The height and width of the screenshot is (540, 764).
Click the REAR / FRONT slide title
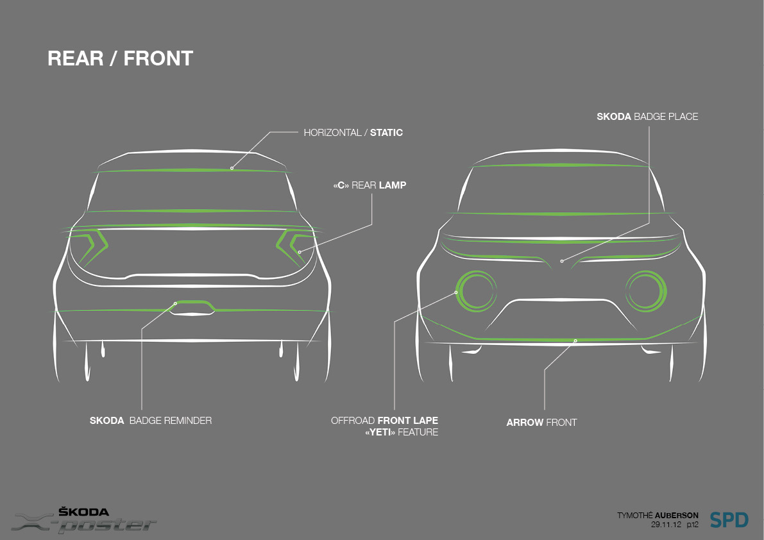[120, 58]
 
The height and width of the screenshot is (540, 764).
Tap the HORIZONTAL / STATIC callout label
[353, 133]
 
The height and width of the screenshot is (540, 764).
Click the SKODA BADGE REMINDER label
[151, 421]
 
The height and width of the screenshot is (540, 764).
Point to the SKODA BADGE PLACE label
[647, 117]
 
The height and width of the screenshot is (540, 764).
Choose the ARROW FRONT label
[541, 423]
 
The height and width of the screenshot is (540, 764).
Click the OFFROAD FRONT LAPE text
[384, 421]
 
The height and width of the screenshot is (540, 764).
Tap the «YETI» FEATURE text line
[401, 432]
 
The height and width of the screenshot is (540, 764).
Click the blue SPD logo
[729, 519]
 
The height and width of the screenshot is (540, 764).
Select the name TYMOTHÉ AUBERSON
[658, 515]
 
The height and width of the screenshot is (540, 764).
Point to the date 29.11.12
[666, 525]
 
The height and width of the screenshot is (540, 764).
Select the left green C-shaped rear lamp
[90, 246]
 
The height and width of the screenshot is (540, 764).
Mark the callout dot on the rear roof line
[232, 168]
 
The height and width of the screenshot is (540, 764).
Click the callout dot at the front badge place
[561, 261]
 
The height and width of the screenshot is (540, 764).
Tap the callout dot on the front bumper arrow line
[575, 340]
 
